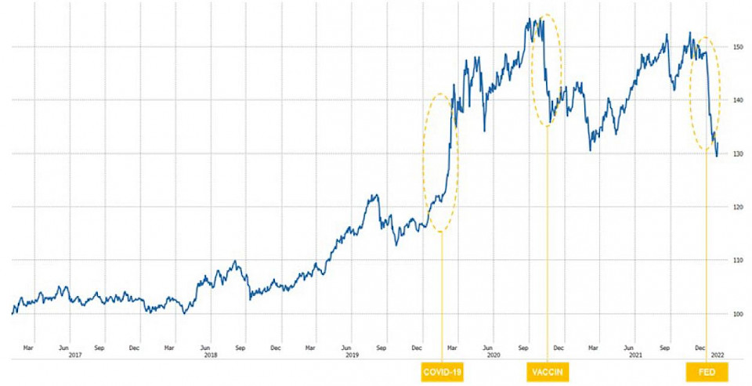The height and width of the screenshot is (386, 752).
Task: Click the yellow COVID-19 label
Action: pos(442,371)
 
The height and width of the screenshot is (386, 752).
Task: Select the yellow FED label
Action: pos(707,371)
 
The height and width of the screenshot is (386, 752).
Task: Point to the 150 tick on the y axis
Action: pos(736,47)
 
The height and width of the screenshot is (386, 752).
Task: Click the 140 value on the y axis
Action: pos(736,100)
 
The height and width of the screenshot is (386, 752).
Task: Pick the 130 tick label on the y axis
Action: pos(736,153)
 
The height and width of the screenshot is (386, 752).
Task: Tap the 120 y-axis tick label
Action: pos(736,207)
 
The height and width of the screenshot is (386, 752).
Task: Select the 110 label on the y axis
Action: pos(736,260)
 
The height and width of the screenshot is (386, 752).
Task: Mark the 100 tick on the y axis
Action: pos(736,313)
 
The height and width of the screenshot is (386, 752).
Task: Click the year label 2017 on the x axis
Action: pos(76,355)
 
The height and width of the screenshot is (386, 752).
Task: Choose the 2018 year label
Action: pos(210,355)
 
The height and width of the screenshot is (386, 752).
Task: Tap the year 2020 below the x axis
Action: pos(493,355)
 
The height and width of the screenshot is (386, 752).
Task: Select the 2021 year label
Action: pos(635,355)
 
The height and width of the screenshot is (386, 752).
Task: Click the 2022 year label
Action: pos(716,355)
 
